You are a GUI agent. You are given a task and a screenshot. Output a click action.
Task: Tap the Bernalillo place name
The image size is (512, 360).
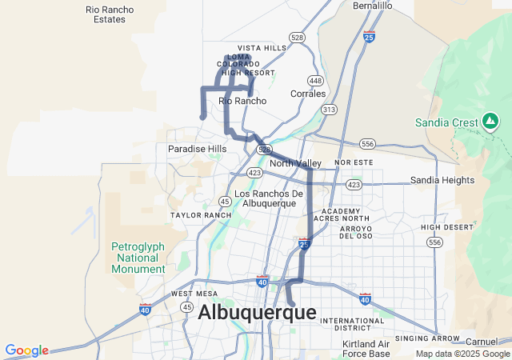(x=373, y=6)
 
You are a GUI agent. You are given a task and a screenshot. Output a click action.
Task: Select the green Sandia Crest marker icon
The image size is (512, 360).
(x=490, y=122)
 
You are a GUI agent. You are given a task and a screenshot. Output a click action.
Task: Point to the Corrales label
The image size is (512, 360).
(x=308, y=94)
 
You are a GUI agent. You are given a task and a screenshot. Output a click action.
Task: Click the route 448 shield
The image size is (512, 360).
(x=314, y=81)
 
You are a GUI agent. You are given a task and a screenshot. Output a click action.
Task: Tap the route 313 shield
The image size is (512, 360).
(x=328, y=109)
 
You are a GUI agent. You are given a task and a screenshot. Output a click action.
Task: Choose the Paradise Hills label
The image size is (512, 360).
(x=197, y=149)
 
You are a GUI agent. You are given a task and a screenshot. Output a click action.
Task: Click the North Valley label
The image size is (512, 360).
(x=295, y=164)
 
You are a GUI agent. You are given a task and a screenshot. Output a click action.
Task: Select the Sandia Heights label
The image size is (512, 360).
(x=442, y=180)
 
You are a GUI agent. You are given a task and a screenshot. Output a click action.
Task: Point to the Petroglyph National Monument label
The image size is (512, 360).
(x=138, y=258)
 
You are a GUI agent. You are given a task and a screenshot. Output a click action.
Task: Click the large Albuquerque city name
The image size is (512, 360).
(x=257, y=313)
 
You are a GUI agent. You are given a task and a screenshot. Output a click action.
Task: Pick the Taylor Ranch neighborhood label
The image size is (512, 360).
(x=201, y=215)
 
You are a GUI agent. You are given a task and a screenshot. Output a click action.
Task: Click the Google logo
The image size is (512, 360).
(x=26, y=350)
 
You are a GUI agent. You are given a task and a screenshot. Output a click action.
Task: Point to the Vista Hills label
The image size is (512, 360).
(x=262, y=48)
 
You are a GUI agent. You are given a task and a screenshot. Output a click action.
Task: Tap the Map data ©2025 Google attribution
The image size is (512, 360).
(x=463, y=354)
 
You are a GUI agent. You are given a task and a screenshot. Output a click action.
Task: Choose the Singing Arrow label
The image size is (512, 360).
(x=435, y=339)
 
